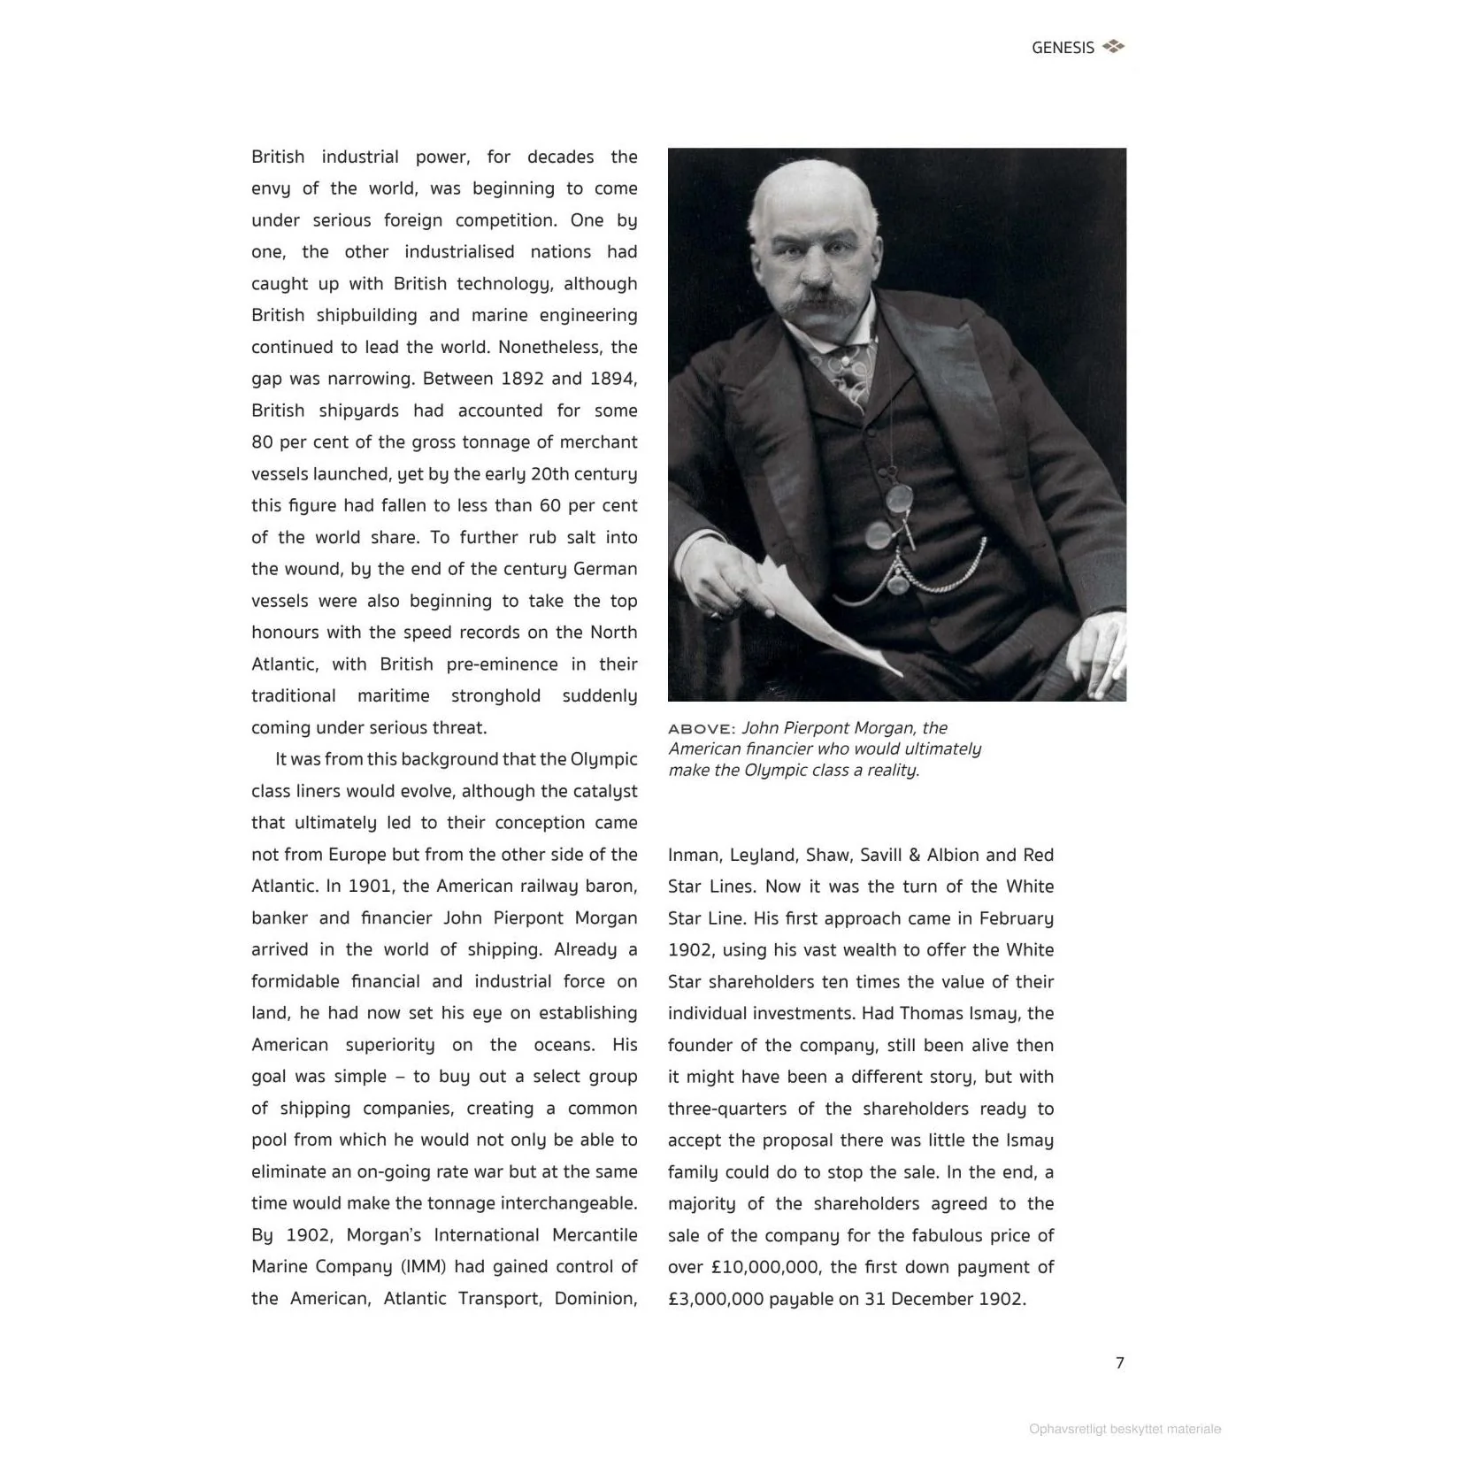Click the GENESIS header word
[1063, 48]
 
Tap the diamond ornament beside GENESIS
[1114, 47]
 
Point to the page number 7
[1120, 1363]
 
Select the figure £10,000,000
[765, 1267]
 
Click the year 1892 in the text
[522, 379]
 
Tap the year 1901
[369, 886]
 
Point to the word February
[1016, 917]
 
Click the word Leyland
[763, 855]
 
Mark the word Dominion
[595, 1298]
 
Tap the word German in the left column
[605, 569]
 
